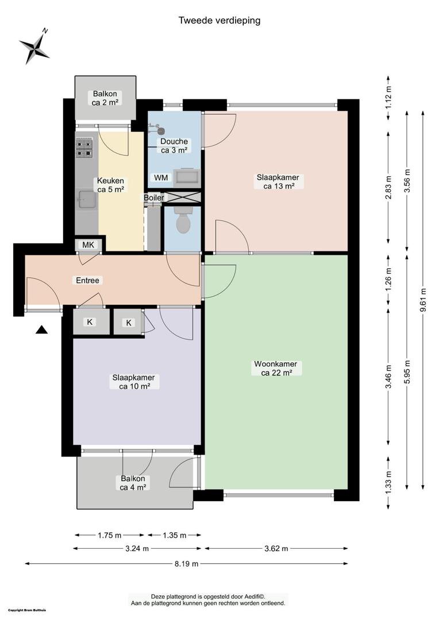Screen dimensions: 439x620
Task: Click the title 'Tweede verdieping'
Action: coord(219,21)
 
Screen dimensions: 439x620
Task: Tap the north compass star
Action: coord(35,46)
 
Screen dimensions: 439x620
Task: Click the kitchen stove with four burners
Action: coord(84,148)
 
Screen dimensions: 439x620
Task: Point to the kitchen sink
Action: coord(86,199)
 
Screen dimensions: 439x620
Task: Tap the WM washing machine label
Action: coord(161,177)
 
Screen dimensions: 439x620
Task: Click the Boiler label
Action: coord(153,197)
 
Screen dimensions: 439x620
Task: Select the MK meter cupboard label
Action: coord(88,245)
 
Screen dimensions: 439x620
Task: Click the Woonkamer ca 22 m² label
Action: coord(276,368)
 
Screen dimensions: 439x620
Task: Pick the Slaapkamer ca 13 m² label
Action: coord(278,181)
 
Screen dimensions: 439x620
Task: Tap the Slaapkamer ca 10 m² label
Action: coord(133,382)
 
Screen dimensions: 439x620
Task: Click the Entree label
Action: coord(87,280)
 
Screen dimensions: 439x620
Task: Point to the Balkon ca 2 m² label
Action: coord(105,98)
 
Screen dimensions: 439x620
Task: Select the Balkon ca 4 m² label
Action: coord(133,483)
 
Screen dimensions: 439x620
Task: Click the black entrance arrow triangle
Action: coord(41,330)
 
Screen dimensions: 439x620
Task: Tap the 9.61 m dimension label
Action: coord(423,300)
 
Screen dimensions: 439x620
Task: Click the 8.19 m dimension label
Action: coord(186,564)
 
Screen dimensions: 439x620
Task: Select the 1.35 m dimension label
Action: coord(175,536)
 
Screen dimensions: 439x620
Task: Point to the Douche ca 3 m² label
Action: coord(174,145)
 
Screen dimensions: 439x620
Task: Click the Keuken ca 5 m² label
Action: coord(110,185)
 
